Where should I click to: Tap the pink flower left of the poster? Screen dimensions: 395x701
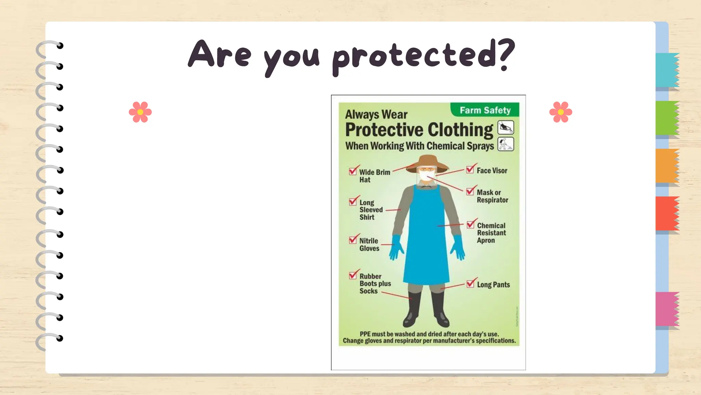[x=140, y=112]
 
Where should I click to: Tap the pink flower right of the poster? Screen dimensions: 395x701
[x=561, y=112]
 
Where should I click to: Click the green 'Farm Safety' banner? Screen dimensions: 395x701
[x=485, y=110]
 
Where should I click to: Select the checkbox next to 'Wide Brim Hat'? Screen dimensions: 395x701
[x=353, y=171]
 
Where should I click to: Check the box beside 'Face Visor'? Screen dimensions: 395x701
[x=470, y=169]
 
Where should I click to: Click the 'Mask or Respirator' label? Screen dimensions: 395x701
[x=492, y=196]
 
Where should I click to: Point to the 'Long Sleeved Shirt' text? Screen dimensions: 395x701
[x=371, y=210]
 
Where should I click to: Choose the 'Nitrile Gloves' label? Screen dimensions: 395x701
[x=369, y=244]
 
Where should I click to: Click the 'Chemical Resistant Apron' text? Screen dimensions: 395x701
[x=491, y=233]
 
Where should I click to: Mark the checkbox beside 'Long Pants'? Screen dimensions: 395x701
[x=471, y=284]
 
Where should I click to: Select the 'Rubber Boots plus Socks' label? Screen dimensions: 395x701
[x=374, y=284]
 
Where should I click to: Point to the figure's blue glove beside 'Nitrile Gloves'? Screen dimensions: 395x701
[x=396, y=247]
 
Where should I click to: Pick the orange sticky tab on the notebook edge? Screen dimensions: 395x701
[x=667, y=166]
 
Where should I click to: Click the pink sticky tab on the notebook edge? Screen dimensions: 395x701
[x=667, y=309]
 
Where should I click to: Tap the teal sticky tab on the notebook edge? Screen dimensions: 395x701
[x=667, y=70]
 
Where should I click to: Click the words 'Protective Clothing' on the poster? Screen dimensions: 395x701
[x=419, y=130]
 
